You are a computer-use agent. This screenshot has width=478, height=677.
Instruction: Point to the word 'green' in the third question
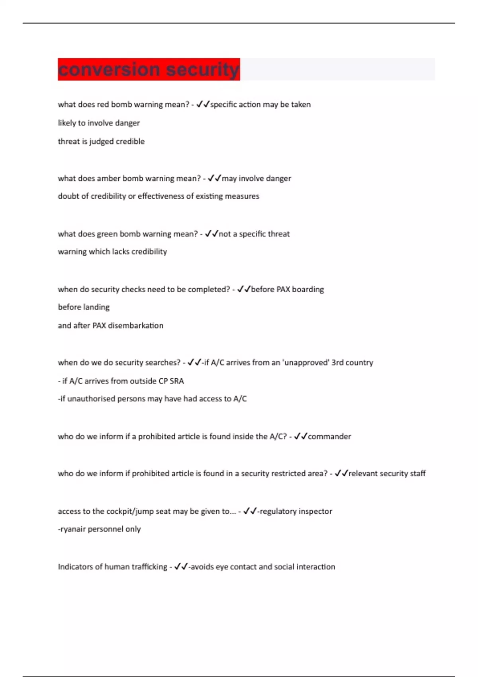click(107, 234)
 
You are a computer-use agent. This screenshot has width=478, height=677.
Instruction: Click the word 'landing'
click(96, 307)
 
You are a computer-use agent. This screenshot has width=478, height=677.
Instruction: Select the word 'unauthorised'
click(91, 399)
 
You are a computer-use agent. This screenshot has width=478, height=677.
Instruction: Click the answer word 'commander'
click(329, 436)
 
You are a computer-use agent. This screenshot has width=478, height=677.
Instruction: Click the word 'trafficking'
click(148, 567)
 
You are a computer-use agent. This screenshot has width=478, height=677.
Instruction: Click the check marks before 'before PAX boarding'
click(243, 289)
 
